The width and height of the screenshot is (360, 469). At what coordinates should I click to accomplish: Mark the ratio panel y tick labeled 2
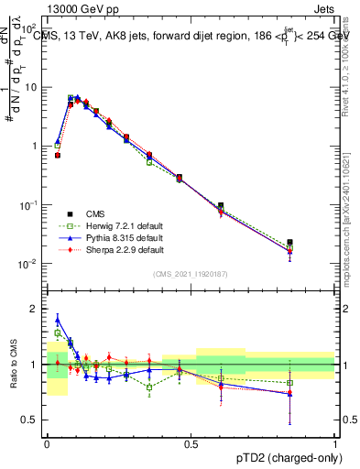[36, 309]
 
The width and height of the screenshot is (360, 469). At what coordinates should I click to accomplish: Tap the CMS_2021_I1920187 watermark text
[191, 273]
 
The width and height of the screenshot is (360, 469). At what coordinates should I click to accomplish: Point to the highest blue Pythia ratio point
[58, 320]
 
